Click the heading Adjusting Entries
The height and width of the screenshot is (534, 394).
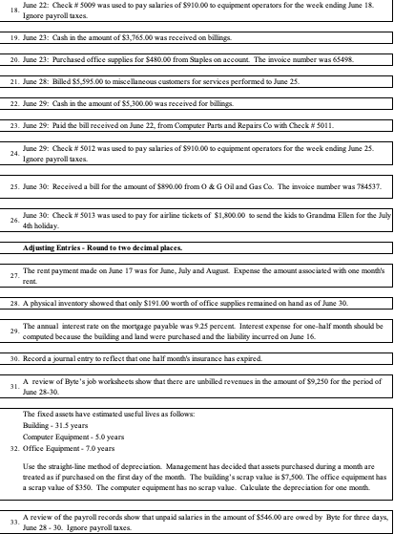coord(57,246)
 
